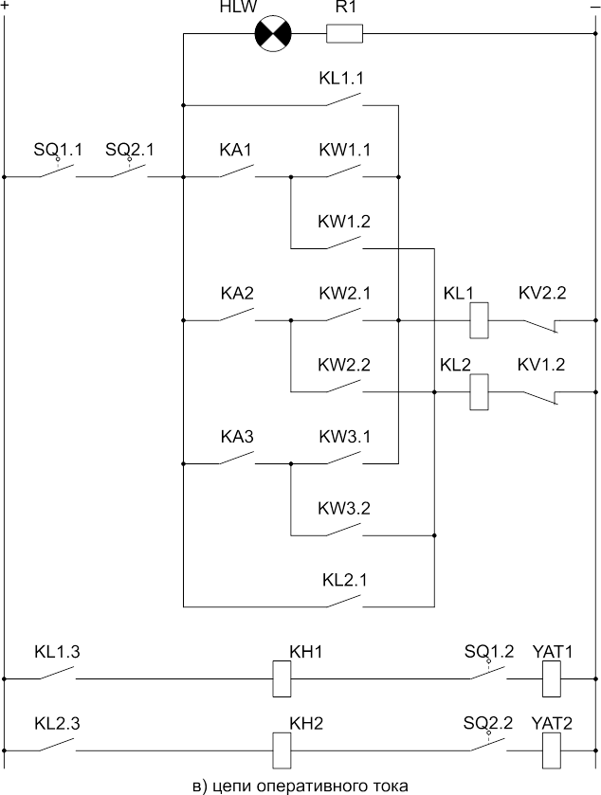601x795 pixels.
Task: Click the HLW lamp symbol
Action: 273,35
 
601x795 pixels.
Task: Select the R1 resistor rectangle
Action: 344,35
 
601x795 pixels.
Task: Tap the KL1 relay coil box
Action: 480,321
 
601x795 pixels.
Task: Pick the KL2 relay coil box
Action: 480,391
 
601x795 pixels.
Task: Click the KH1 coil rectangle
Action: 281,678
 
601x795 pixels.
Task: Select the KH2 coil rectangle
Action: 281,750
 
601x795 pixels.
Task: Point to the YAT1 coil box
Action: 552,678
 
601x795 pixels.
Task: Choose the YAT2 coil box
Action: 552,750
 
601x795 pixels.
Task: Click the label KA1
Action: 236,150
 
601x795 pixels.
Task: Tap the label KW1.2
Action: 344,222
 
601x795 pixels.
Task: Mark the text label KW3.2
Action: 344,508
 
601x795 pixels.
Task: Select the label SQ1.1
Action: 58,150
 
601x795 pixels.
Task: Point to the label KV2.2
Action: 542,293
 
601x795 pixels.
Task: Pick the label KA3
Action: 237,437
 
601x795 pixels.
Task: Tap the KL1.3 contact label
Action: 57,652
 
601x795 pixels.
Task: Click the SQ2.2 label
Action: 488,723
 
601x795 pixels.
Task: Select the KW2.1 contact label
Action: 344,293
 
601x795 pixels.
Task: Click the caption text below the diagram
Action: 300,785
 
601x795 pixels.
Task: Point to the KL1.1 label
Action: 342,79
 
